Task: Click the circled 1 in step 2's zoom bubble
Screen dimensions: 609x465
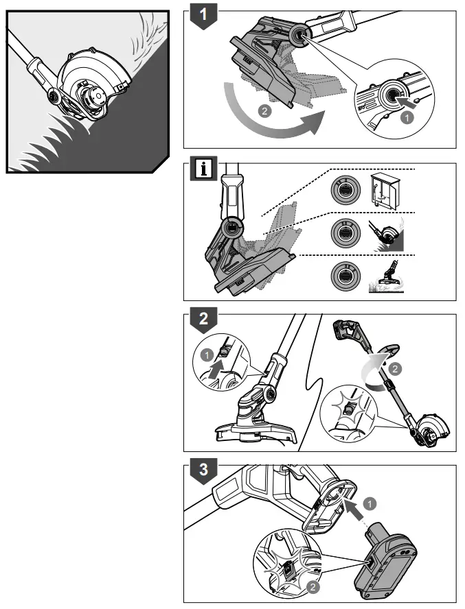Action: point(205,355)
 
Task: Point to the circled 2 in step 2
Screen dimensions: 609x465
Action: point(393,369)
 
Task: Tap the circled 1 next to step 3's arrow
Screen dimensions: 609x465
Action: point(372,504)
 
